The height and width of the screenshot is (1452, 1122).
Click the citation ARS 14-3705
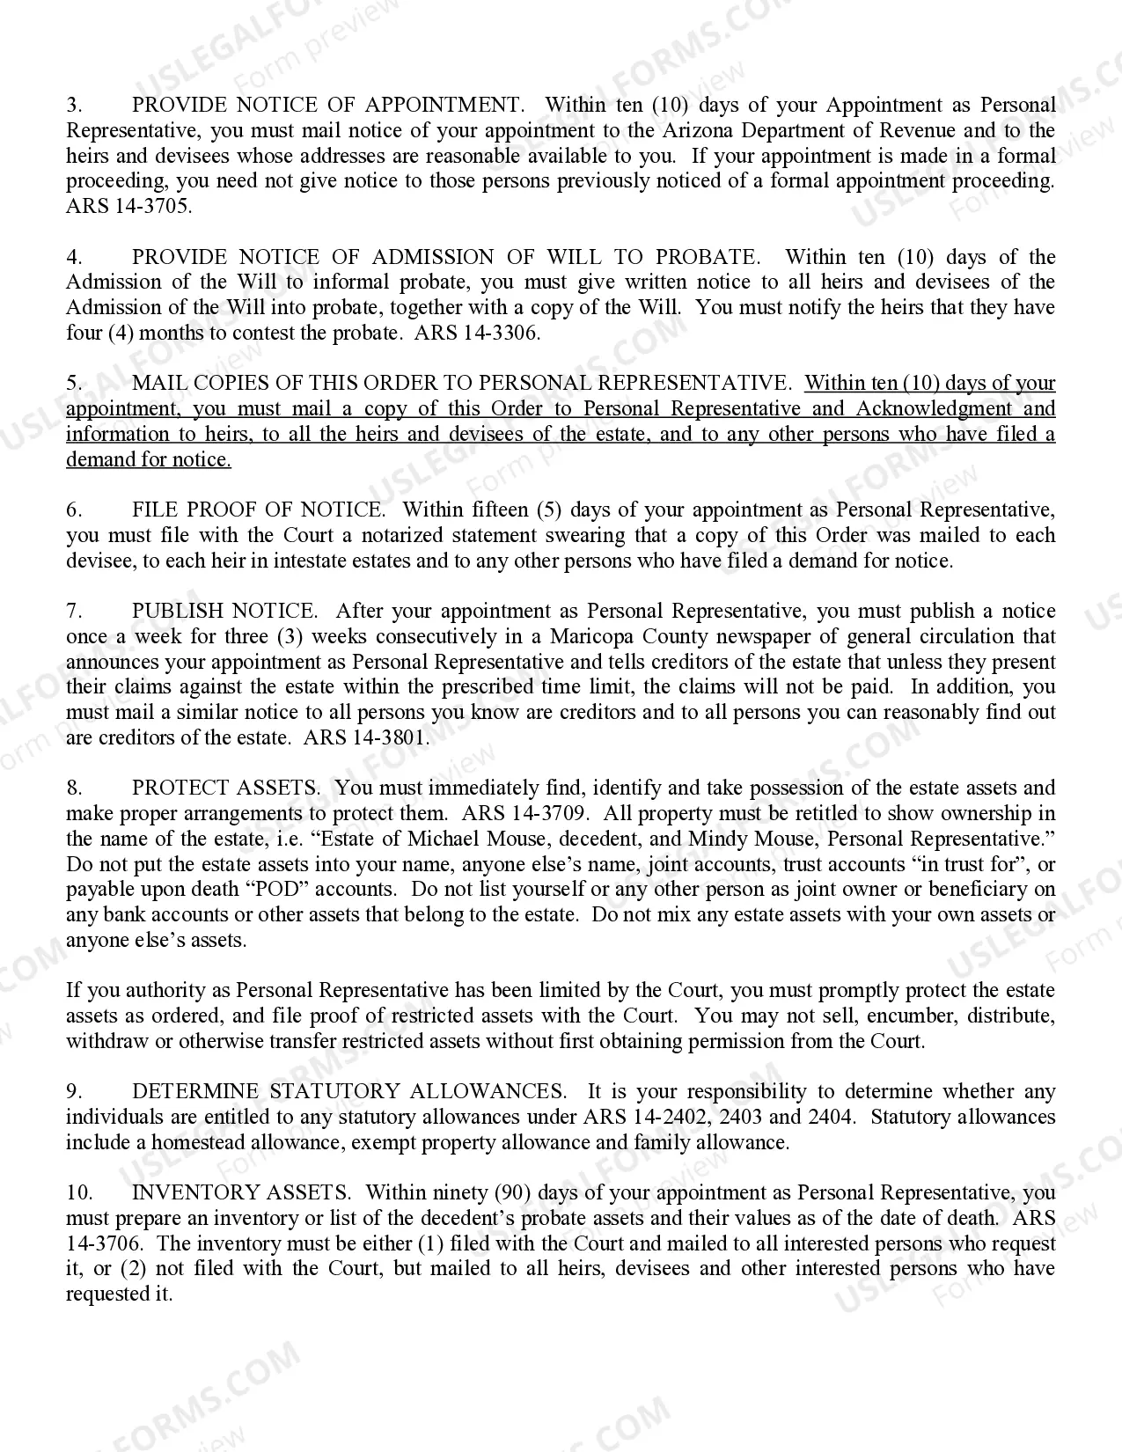128,207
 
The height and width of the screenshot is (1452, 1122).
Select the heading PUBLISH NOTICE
224,611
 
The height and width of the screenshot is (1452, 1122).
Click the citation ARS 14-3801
366,737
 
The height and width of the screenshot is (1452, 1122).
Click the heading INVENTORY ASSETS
239,1193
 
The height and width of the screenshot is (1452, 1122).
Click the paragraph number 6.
74,510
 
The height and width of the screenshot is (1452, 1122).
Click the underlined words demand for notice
149,460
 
